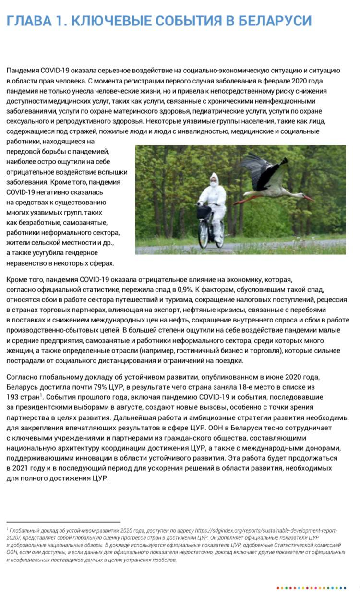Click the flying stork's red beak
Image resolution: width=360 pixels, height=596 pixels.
coord(308,197)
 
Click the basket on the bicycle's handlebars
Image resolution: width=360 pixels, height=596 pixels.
coord(204,212)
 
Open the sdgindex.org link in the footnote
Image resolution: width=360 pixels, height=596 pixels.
coord(267,530)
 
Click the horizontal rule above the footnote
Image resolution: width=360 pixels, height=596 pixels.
coord(63,522)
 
